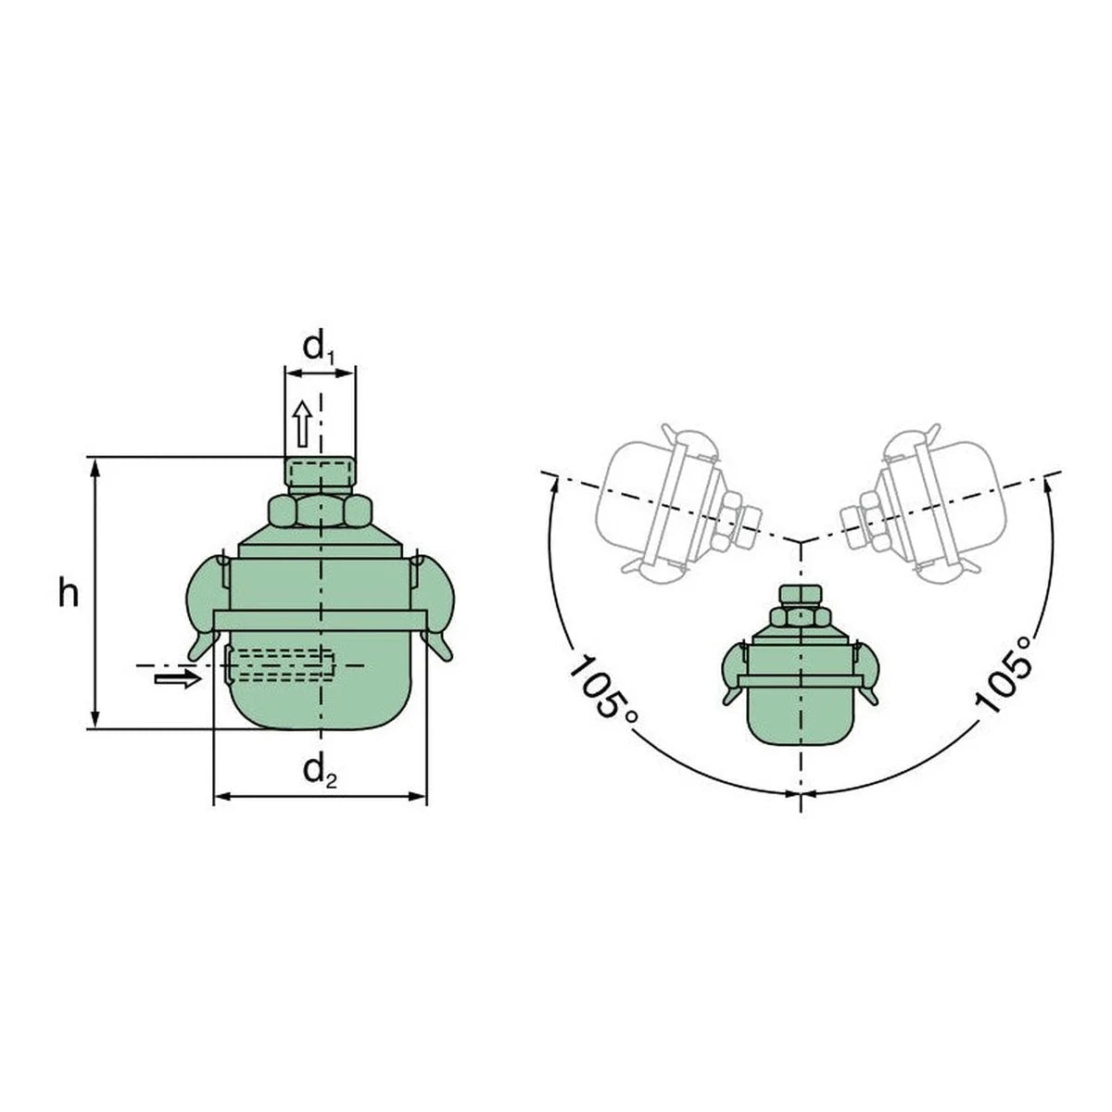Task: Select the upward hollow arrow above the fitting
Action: pos(302,424)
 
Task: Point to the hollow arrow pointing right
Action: pos(178,679)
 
